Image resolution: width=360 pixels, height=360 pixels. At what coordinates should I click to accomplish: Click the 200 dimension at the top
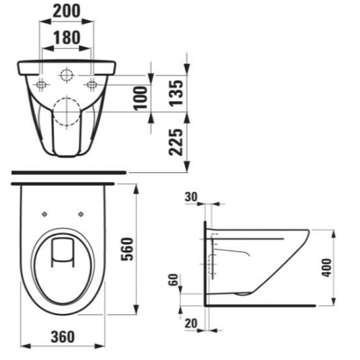click(67, 12)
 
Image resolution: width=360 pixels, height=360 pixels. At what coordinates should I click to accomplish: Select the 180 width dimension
click(67, 38)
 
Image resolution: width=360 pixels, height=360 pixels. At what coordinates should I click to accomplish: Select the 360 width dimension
click(64, 335)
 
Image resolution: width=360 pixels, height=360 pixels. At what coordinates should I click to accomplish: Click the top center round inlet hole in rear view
click(67, 74)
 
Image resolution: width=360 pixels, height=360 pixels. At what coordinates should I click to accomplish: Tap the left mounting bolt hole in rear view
click(42, 84)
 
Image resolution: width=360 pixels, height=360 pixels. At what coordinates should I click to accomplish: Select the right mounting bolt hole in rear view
click(92, 84)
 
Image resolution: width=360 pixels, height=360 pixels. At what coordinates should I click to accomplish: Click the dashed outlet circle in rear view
click(67, 109)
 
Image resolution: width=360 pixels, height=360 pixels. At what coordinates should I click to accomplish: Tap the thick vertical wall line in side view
click(206, 263)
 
